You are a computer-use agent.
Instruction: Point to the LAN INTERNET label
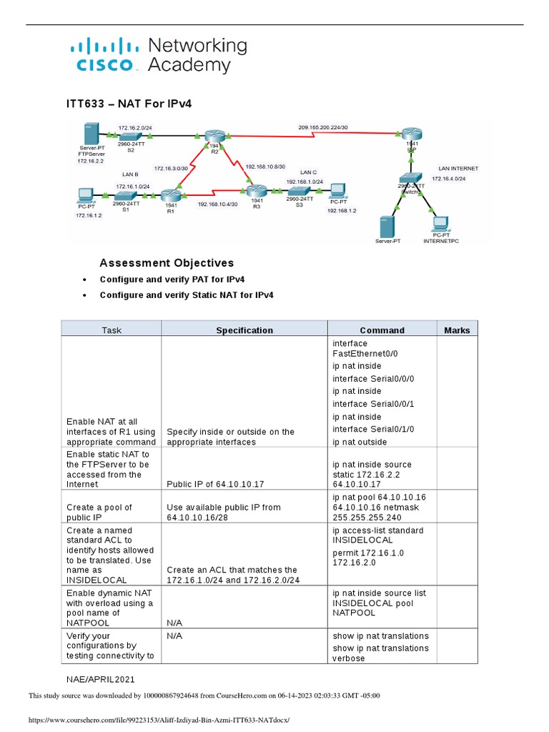tap(458, 168)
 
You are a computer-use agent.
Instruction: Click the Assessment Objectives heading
tap(167, 263)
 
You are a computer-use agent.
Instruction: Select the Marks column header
tap(457, 330)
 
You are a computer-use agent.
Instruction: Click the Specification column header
tap(244, 330)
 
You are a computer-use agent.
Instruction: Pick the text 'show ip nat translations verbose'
tap(380, 653)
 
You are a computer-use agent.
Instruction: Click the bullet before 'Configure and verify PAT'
tap(85, 280)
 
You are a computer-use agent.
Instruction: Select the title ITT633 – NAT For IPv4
tap(129, 104)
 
